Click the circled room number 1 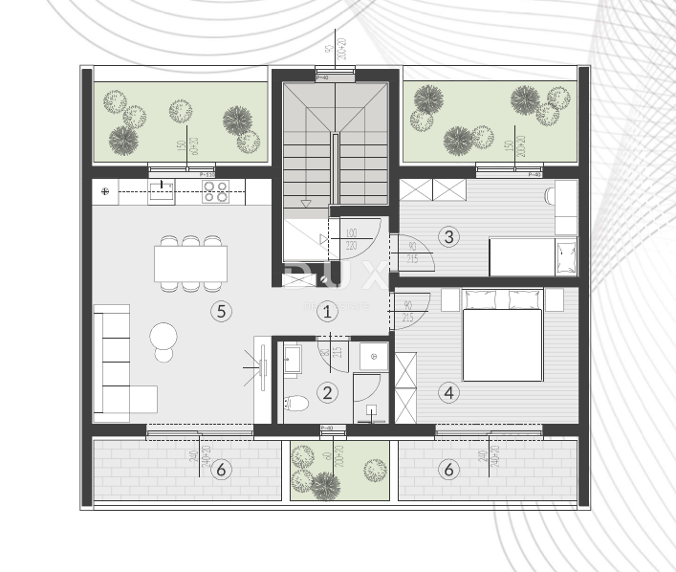[327, 311]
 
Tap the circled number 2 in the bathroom [327, 391]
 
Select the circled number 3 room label [449, 236]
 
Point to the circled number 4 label [449, 391]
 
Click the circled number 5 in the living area [221, 311]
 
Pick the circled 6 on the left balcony [221, 469]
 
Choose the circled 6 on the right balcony [449, 469]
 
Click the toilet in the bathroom [296, 402]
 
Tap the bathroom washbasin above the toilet [294, 361]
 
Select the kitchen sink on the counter [162, 192]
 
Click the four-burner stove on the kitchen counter [216, 192]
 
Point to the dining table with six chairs [190, 263]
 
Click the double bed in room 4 [503, 335]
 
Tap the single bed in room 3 [533, 256]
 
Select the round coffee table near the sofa [164, 336]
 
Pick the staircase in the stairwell [335, 143]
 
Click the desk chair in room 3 [549, 196]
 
